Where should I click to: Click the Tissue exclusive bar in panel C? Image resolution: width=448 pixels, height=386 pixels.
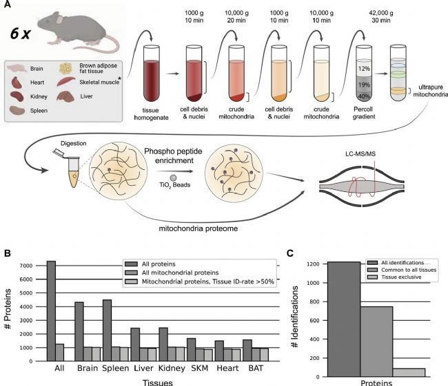(x=409, y=372)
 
